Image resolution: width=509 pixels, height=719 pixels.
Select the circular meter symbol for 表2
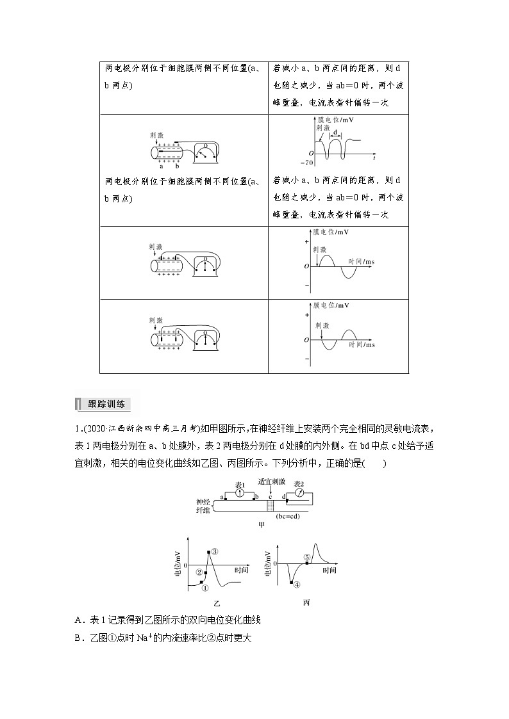tap(299, 492)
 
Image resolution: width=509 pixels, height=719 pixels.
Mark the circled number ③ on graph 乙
tap(215, 551)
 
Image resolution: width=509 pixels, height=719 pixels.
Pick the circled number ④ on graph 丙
tap(297, 585)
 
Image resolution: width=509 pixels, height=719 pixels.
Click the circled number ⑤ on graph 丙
tap(307, 557)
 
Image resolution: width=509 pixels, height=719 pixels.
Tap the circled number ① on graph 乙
tap(205, 587)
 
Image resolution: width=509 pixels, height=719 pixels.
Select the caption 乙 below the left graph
tap(217, 603)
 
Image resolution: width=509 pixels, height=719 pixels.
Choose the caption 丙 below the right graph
tap(306, 602)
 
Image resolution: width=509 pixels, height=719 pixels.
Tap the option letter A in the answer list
tap(78, 619)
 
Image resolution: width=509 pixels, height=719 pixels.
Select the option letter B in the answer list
tap(78, 638)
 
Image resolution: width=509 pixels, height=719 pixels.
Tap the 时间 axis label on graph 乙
tap(242, 569)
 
